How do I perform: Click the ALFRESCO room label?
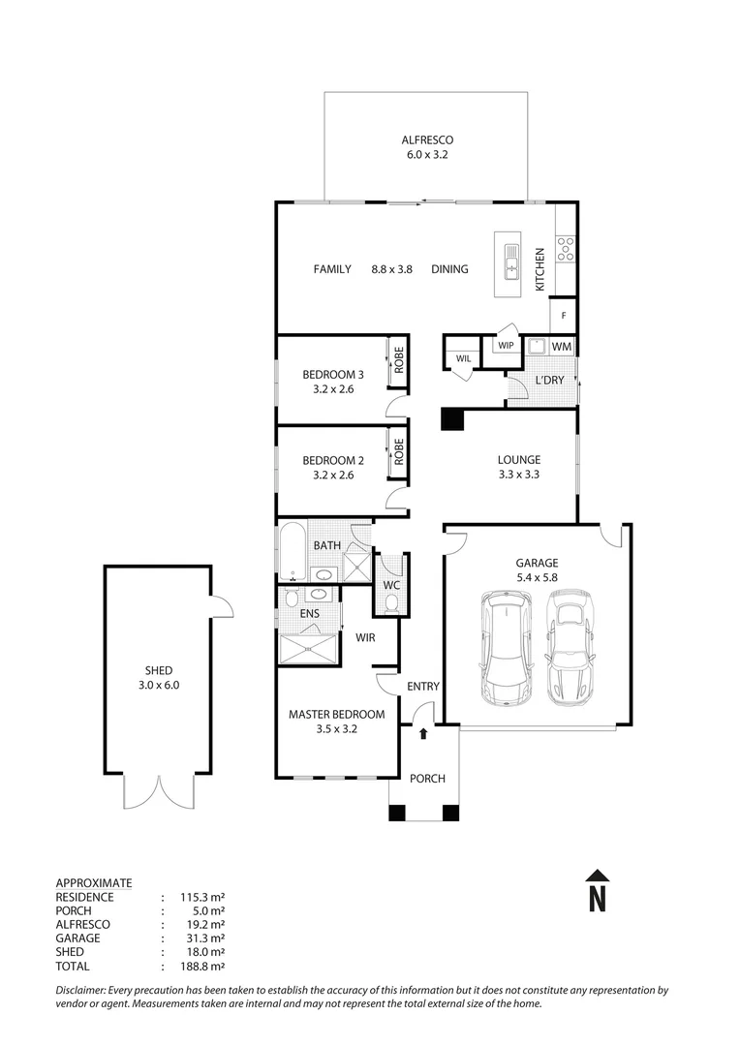tap(426, 139)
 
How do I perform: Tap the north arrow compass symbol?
tap(598, 890)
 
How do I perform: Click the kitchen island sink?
tap(510, 263)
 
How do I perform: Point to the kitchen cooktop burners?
tap(566, 250)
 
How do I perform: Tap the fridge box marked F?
tap(563, 316)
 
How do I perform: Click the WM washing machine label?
tap(562, 346)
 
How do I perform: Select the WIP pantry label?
tap(505, 346)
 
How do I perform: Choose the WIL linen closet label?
tap(463, 359)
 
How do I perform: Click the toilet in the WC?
tap(392, 601)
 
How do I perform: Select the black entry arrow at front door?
tap(423, 734)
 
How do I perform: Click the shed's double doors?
tap(158, 791)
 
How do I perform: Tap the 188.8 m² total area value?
tap(203, 966)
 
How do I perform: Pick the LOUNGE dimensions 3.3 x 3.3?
tap(519, 475)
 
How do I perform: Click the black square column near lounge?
tap(452, 418)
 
